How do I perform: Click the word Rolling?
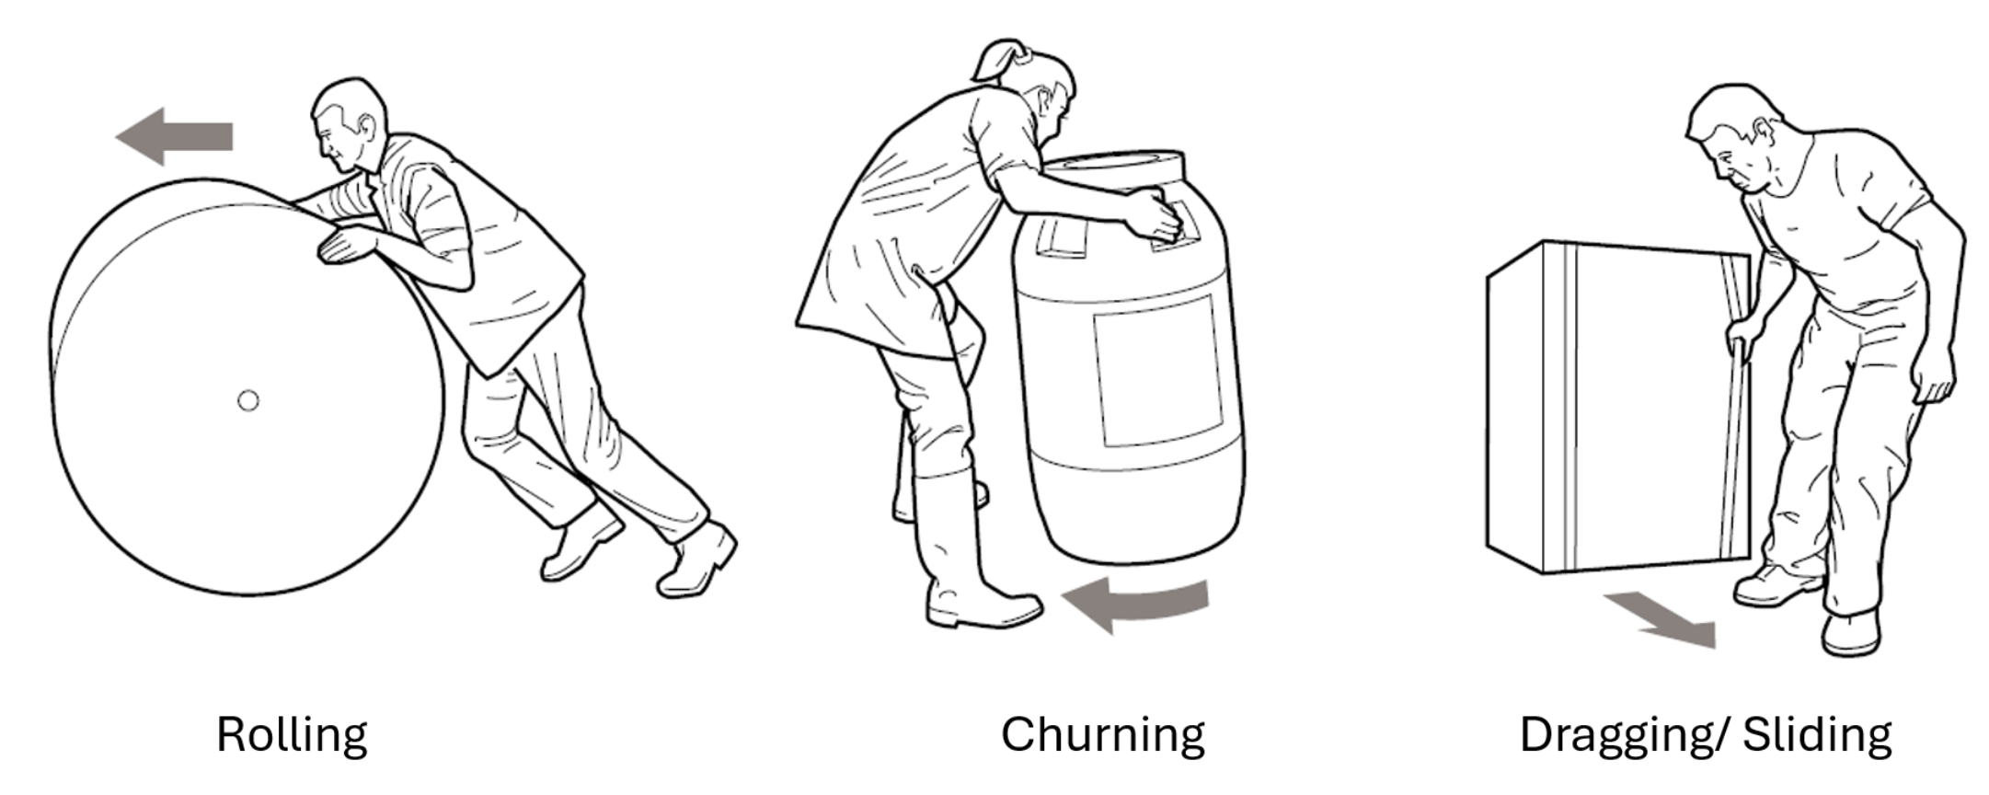(292, 734)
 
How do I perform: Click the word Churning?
(1102, 734)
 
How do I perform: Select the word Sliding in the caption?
(1817, 734)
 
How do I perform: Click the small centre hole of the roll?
(247, 400)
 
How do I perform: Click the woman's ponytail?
(998, 59)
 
